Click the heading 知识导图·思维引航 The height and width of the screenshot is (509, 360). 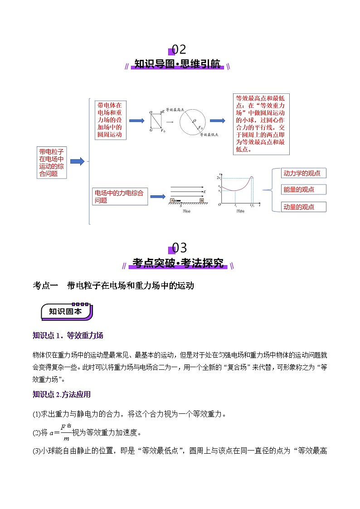[178, 64]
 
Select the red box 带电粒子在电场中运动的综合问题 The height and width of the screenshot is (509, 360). [52, 162]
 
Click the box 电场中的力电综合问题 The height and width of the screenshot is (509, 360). [120, 197]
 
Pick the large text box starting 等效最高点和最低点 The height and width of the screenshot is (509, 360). [261, 123]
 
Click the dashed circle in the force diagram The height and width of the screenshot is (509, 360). [194, 121]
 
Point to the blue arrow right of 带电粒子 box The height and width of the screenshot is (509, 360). [77, 161]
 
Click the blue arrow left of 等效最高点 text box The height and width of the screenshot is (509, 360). [217, 121]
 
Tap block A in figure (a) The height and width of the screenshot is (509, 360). [172, 200]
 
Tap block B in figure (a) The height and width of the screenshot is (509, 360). [201, 200]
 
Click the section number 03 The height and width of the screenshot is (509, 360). [180, 248]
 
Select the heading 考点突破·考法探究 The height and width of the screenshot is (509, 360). [178, 263]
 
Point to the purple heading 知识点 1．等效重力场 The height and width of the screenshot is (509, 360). [68, 335]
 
